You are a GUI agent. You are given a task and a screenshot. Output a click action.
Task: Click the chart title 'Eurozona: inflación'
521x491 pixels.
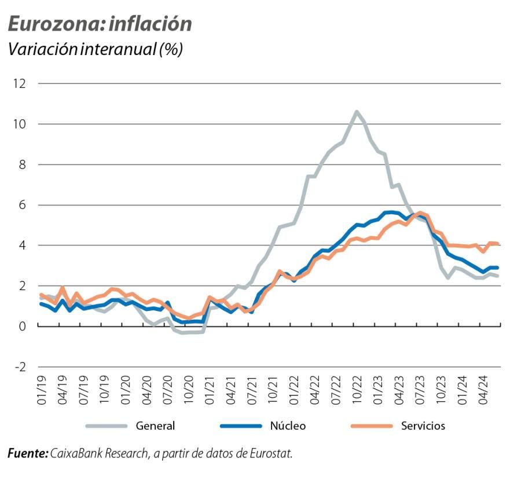pyautogui.click(x=99, y=24)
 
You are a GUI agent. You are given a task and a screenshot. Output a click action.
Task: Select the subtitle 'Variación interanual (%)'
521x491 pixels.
pyautogui.click(x=95, y=50)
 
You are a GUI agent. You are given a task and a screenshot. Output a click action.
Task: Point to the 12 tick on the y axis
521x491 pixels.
pyautogui.click(x=19, y=83)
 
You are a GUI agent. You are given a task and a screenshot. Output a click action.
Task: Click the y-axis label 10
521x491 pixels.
pyautogui.click(x=19, y=124)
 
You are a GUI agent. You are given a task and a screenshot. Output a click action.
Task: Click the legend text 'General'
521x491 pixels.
pyautogui.click(x=155, y=426)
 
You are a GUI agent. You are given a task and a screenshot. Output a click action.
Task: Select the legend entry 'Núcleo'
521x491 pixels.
pyautogui.click(x=288, y=426)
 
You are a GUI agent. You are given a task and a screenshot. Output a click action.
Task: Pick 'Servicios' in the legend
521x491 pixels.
pyautogui.click(x=423, y=426)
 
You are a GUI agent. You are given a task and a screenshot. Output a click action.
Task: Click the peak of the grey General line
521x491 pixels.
pyautogui.click(x=357, y=112)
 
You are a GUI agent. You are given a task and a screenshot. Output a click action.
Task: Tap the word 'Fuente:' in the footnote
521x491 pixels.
pyautogui.click(x=28, y=453)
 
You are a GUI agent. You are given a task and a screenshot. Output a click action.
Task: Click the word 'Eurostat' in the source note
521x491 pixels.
pyautogui.click(x=271, y=453)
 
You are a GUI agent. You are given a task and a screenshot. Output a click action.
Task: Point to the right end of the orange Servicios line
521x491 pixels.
pyautogui.click(x=498, y=244)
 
